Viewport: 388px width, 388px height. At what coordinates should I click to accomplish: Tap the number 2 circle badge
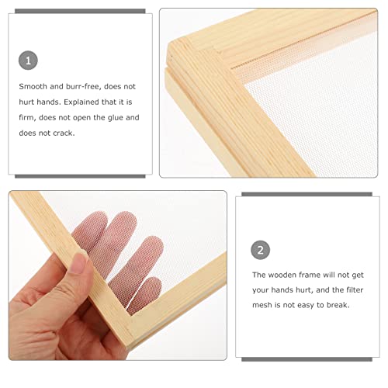pos(261,249)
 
